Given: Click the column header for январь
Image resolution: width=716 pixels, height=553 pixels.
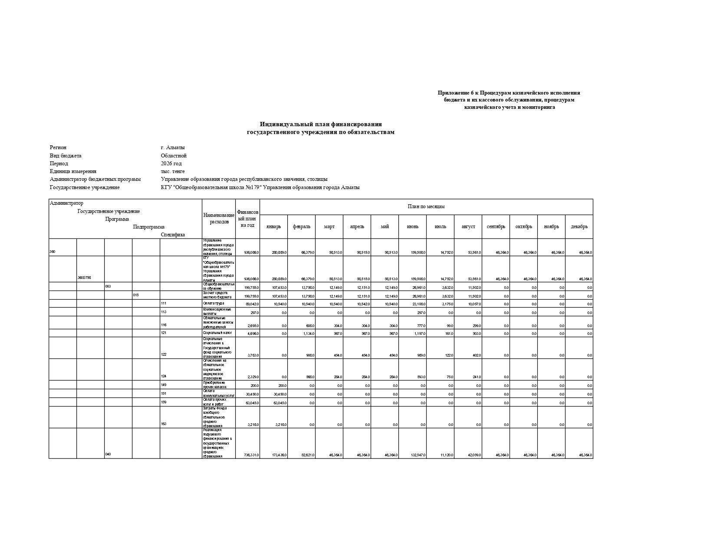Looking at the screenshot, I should tap(273, 227).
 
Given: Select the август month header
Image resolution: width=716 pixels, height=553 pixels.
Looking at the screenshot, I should tap(468, 227).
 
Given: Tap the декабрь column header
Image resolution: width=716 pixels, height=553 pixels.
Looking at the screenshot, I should tap(579, 227).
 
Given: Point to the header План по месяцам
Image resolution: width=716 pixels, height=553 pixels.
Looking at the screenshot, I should tap(426, 207).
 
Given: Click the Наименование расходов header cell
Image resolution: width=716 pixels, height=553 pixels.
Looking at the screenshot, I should tap(219, 218).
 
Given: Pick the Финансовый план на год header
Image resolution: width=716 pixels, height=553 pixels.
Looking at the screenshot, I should tap(247, 219).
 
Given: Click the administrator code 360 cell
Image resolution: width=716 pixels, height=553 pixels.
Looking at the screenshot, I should tap(53, 252).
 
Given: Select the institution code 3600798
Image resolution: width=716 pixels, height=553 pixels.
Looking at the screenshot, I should tap(84, 278).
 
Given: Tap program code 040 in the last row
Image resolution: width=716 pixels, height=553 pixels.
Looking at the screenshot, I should tap(108, 454).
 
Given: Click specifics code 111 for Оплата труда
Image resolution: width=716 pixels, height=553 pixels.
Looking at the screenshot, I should tap(164, 304).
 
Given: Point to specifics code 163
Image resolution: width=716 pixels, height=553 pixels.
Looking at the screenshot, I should tap(164, 424).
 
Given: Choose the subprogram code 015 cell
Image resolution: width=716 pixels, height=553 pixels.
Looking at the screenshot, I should tap(136, 295).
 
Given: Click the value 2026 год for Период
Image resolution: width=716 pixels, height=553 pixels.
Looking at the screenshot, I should tap(171, 164).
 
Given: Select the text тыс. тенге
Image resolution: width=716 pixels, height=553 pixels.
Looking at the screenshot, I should tap(173, 171).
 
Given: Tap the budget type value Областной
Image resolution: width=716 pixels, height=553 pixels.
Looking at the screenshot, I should tap(174, 156).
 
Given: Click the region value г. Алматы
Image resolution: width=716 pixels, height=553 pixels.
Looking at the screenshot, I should tap(172, 147).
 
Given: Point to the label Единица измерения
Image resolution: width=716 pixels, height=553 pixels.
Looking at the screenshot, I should tap(73, 171).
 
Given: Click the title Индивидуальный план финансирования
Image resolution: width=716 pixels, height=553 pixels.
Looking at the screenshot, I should tap(321, 124).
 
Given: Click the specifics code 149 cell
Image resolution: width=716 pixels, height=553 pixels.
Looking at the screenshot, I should tap(164, 385).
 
